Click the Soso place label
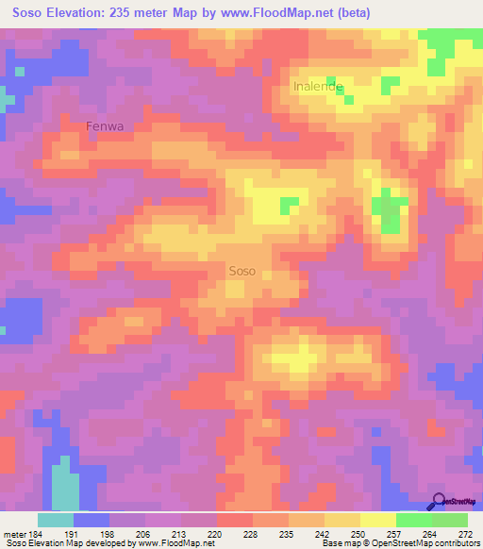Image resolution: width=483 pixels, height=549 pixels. [x=242, y=271]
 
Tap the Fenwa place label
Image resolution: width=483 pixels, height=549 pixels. [x=105, y=125]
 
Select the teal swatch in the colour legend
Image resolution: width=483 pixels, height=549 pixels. [x=56, y=520]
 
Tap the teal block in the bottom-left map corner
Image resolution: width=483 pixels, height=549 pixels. [x=64, y=483]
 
